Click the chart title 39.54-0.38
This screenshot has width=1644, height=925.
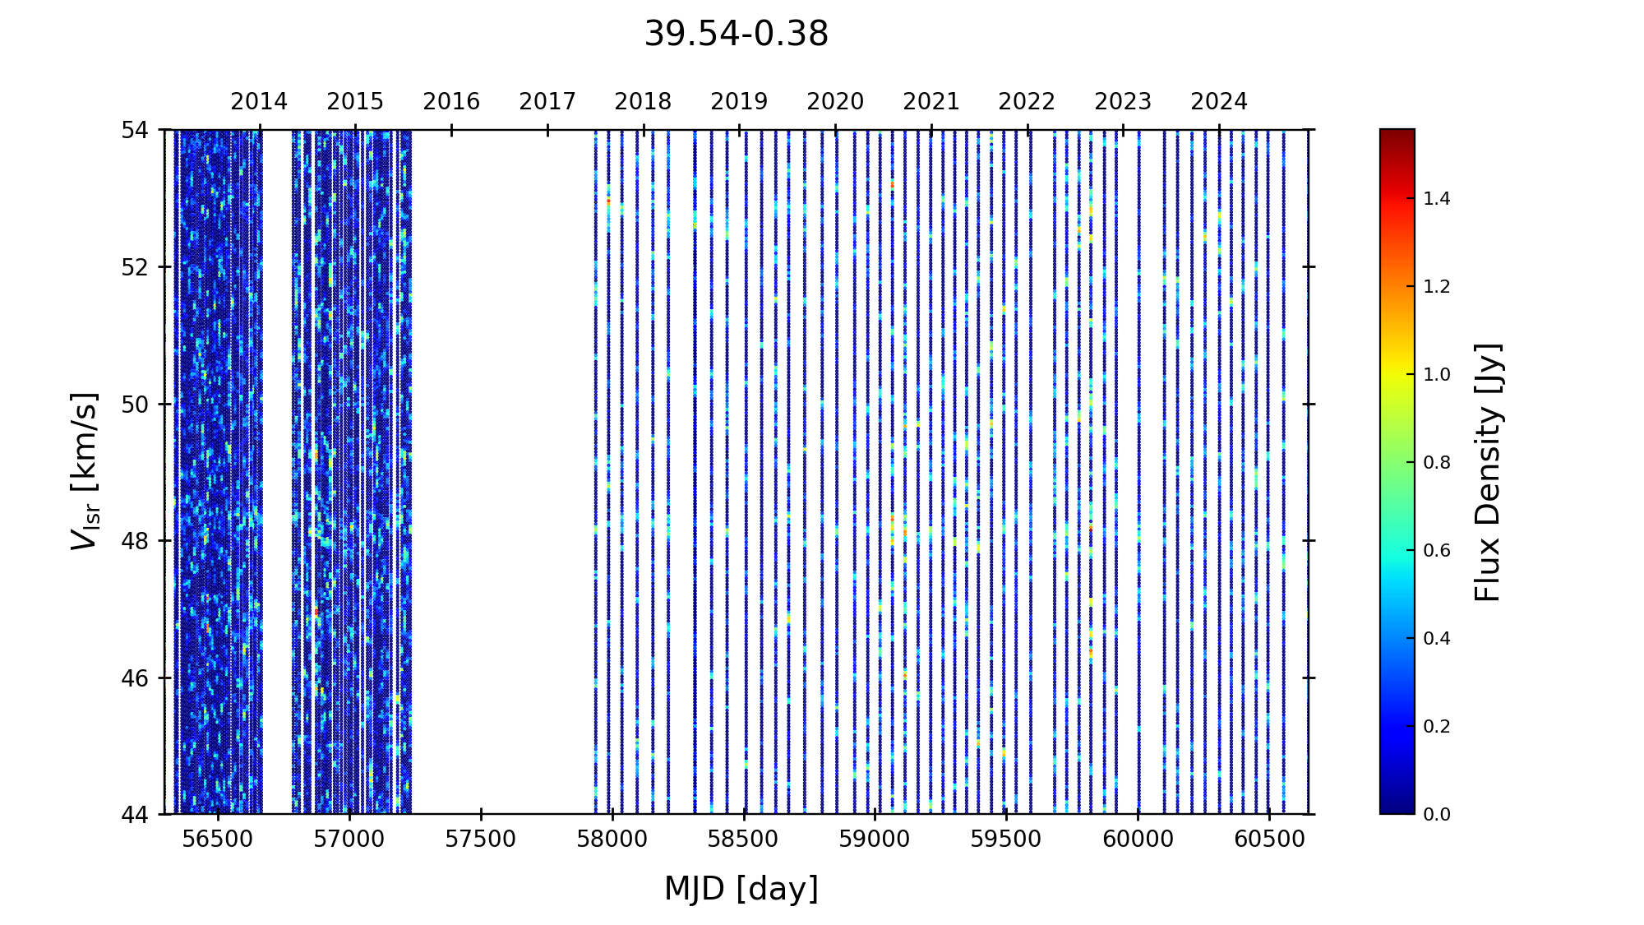tap(736, 35)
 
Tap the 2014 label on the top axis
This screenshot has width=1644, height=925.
tap(259, 102)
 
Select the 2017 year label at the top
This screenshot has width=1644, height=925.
tap(547, 102)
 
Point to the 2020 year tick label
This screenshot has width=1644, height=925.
tap(835, 102)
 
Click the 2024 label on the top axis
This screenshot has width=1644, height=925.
tap(1219, 102)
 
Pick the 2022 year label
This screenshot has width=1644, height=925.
tap(1027, 102)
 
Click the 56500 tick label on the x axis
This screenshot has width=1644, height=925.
tap(218, 839)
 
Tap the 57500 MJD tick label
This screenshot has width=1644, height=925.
tap(481, 839)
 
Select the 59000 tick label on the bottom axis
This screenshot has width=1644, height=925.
tap(875, 839)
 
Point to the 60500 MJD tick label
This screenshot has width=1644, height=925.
tap(1269, 839)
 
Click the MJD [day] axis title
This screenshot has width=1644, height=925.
tap(741, 890)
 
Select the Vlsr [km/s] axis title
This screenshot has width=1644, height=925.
tap(85, 471)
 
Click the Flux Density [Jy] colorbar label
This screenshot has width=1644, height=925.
tap(1488, 472)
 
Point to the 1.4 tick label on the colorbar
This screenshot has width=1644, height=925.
tap(1437, 199)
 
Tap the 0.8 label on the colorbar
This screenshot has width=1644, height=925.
tap(1437, 463)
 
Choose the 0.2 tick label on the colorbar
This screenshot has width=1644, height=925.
tap(1437, 727)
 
